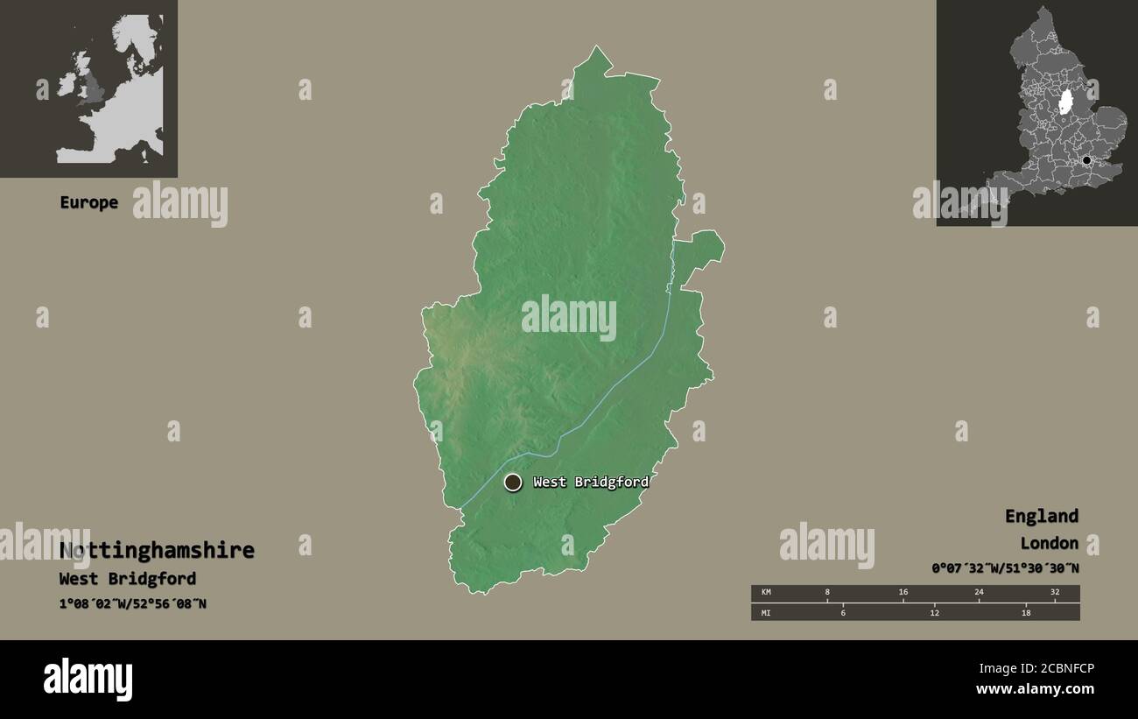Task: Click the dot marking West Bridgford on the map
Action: point(513,482)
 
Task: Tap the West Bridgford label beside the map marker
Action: point(591,482)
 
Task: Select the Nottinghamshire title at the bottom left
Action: point(157,550)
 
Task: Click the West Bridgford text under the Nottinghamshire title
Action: point(128,579)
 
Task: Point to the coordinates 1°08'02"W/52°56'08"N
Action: point(133,603)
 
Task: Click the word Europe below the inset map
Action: point(88,202)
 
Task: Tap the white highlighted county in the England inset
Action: point(1065,102)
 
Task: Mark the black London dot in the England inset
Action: point(1086,160)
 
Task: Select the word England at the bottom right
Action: point(1041,516)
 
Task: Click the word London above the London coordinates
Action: point(1049,543)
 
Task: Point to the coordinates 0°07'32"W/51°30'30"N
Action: point(1005,568)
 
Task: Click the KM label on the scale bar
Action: point(766,592)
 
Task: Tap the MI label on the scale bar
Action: point(766,612)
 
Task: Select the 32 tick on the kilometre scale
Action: point(1055,592)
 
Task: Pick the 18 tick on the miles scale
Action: point(1026,612)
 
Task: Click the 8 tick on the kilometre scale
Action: point(827,592)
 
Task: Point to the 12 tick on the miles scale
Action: point(935,612)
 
